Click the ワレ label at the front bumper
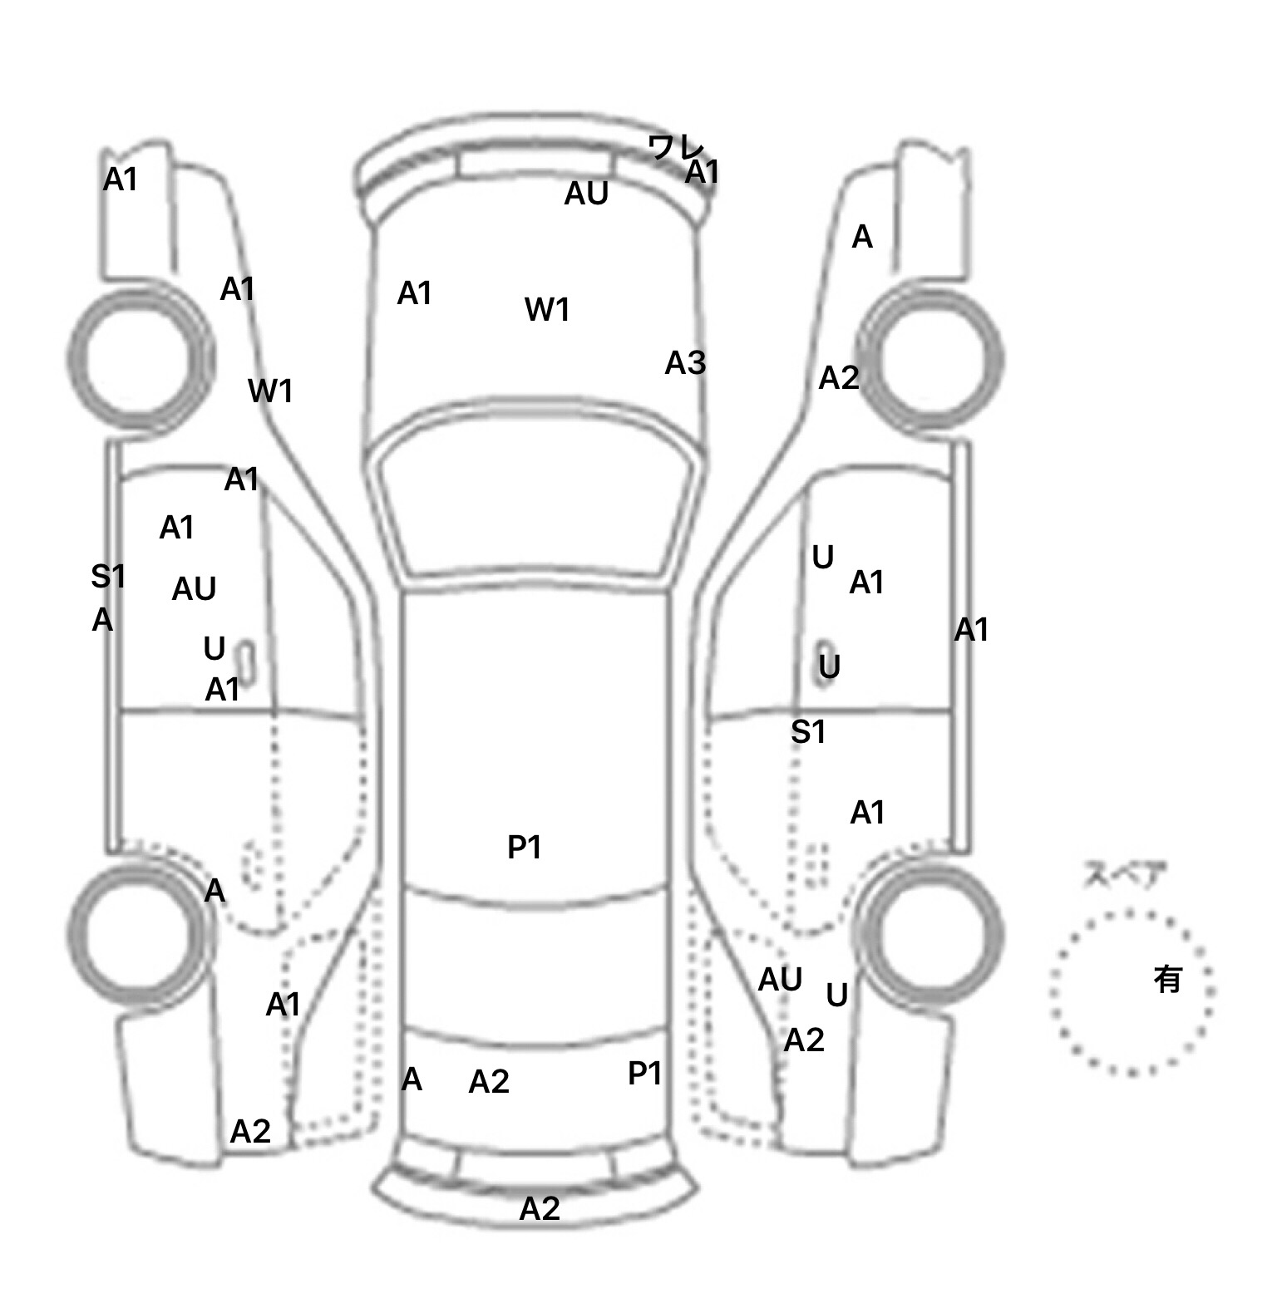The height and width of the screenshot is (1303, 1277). pos(674,149)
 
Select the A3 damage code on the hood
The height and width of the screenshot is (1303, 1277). pos(685,363)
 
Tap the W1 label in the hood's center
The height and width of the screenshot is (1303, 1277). pos(547,310)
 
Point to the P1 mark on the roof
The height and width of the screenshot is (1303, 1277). pos(525,848)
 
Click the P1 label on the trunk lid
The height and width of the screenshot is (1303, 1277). pos(644,1074)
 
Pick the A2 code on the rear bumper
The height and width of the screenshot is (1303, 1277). pos(540,1208)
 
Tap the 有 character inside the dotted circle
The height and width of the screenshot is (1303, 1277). pos(1167,980)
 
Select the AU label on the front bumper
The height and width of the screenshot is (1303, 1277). pos(586,194)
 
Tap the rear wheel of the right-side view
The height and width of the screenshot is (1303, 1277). pos(932,934)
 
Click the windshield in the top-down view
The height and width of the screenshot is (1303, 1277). pos(536,499)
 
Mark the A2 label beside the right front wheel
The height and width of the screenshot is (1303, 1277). pos(838,379)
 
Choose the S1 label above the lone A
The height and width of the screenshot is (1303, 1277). pos(108,576)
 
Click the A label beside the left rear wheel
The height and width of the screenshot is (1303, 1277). pos(214,891)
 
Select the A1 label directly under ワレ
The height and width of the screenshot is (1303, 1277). pos(703,173)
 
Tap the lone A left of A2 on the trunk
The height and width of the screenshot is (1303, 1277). pos(412,1079)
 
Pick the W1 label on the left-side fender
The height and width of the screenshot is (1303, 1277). pos(270,391)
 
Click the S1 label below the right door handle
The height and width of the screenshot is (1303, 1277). pos(808,732)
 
